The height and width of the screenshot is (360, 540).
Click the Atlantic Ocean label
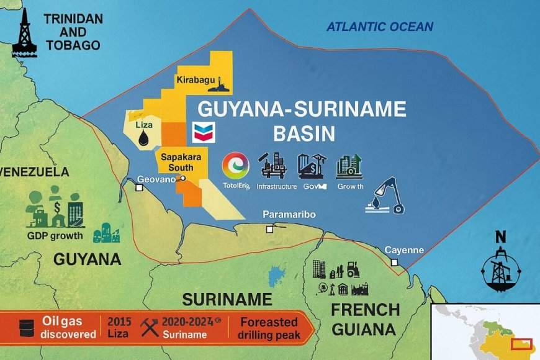[380, 27]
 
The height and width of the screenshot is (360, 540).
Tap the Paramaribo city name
[289, 214]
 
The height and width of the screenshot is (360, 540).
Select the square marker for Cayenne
[394, 263]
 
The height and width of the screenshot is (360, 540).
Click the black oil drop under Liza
[145, 137]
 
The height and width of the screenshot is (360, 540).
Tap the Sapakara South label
[181, 163]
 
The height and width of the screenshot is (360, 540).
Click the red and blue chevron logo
[204, 131]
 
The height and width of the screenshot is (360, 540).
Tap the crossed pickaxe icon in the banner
[149, 327]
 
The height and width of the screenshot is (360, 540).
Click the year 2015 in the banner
[119, 322]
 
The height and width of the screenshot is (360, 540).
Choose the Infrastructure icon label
[276, 186]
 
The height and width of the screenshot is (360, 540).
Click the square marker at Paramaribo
[269, 229]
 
